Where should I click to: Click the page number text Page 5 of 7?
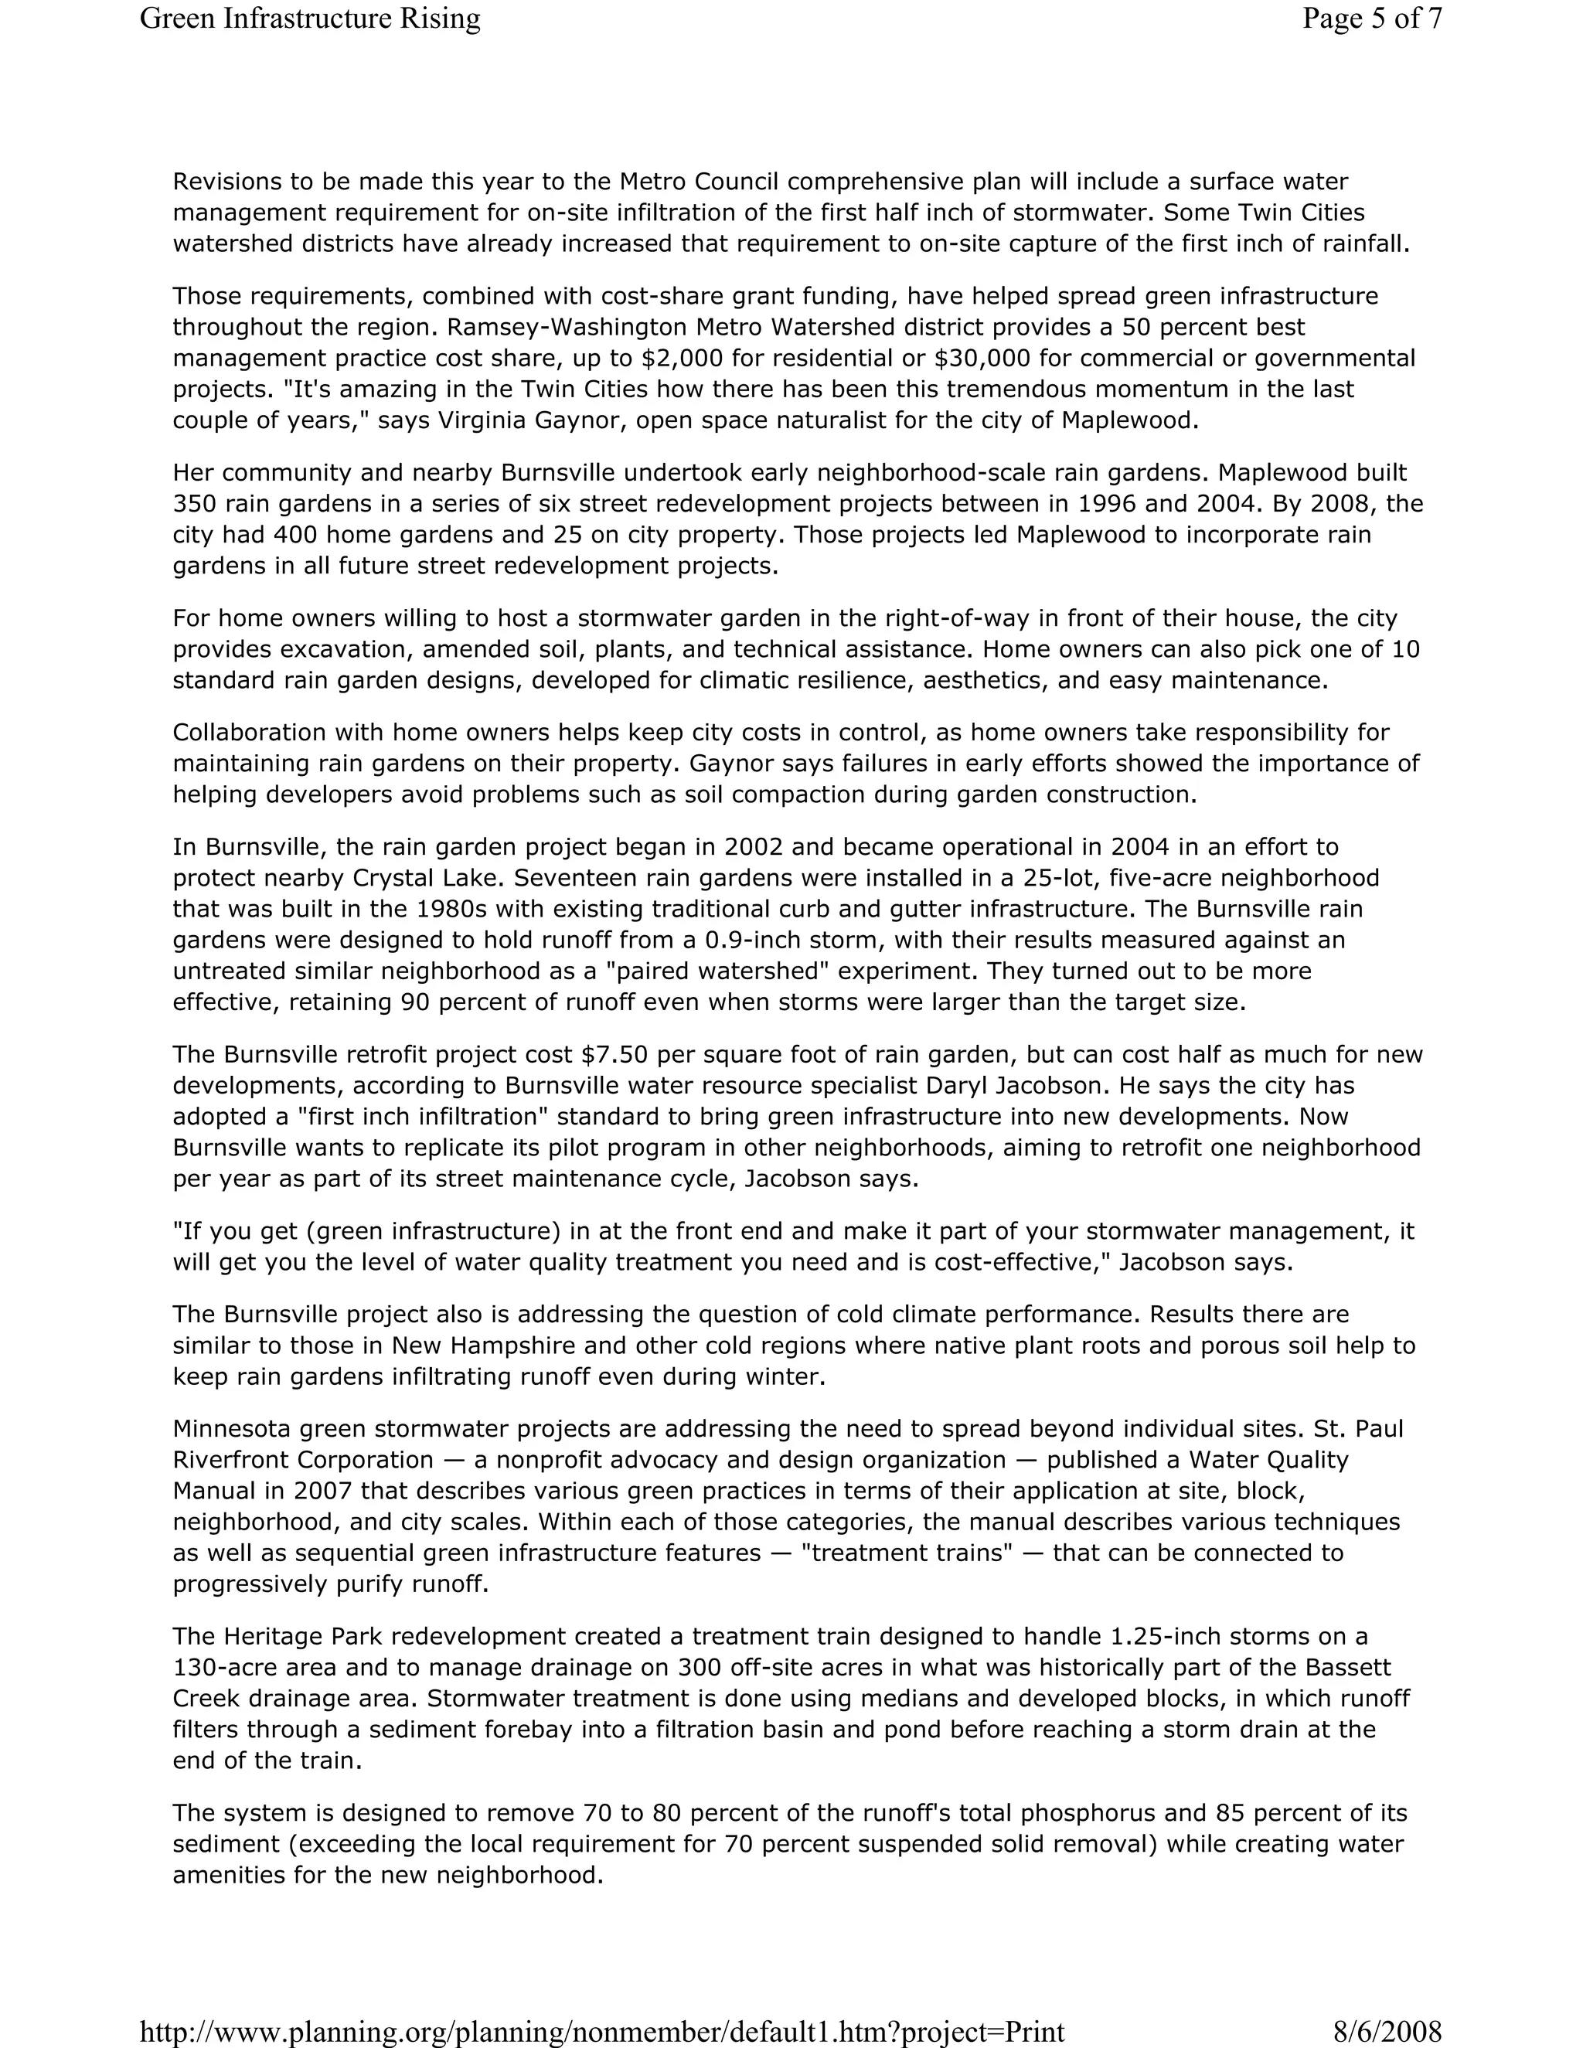[1371, 18]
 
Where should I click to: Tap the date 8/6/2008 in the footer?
[1386, 2031]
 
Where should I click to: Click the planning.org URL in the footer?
[602, 2031]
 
